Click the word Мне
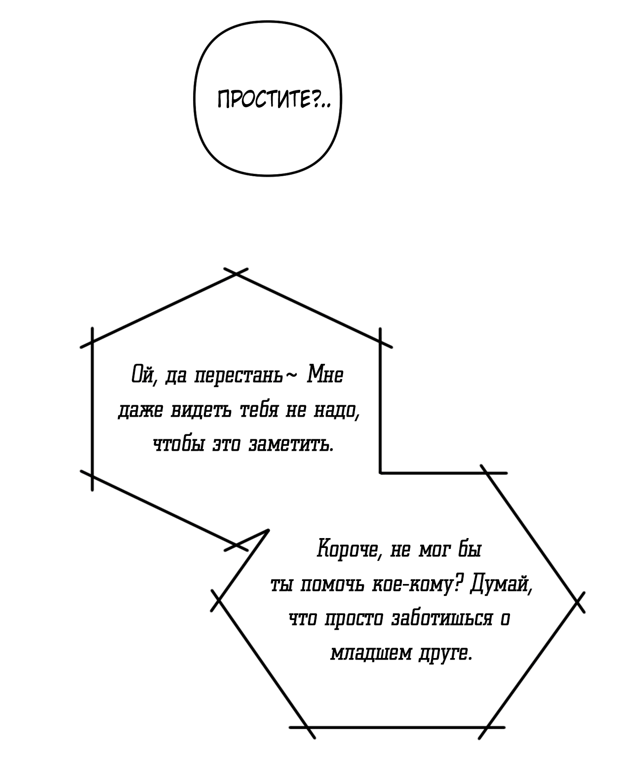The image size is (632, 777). [325, 375]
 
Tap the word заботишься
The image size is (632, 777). [442, 619]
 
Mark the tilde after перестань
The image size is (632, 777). [291, 376]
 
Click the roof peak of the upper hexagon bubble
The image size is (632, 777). [236, 273]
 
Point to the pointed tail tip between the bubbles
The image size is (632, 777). [268, 530]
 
